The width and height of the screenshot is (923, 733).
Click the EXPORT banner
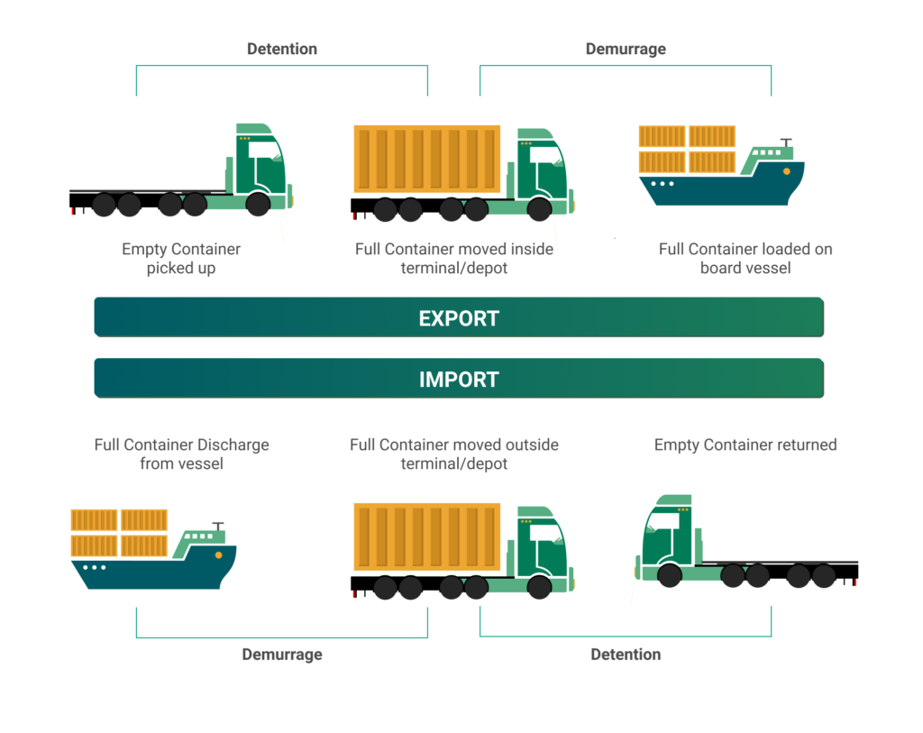click(459, 318)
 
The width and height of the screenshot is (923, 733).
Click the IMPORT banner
click(459, 379)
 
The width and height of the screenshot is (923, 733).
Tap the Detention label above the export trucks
click(282, 49)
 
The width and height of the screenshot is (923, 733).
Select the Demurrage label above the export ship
click(626, 49)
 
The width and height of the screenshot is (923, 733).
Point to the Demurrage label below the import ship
click(281, 655)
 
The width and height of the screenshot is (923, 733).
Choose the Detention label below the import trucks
click(626, 655)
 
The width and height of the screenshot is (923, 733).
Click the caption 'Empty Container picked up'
click(181, 258)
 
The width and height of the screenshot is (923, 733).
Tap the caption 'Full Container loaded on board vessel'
click(745, 258)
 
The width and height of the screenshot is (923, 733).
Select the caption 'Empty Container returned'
click(745, 444)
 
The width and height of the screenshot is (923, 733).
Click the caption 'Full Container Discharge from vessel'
click(181, 454)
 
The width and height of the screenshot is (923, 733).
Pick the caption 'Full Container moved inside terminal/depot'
click(454, 258)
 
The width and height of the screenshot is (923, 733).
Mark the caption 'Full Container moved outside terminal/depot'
click(454, 454)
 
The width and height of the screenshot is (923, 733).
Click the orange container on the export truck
click(426, 159)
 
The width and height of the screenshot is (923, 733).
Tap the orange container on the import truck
click(426, 537)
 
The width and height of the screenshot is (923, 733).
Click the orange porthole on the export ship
click(787, 170)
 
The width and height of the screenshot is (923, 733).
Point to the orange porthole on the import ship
click(219, 555)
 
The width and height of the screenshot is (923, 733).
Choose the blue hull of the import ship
click(153, 573)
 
